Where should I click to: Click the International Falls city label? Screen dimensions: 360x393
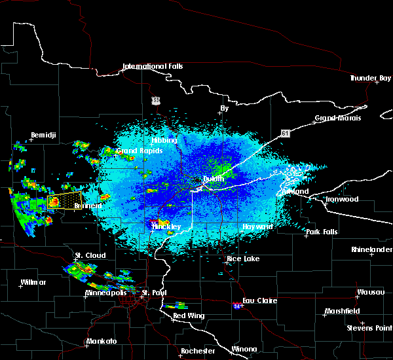tap(153, 67)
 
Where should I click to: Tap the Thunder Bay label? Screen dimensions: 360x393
tap(371, 78)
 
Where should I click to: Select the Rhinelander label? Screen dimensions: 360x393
tap(371, 249)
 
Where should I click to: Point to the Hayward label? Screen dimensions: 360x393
tap(257, 226)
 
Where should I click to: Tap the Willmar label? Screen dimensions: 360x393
tap(33, 282)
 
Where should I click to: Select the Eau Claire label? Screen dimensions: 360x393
tap(260, 300)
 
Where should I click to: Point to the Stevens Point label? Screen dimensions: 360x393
tap(369, 327)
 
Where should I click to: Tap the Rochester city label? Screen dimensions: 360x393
tap(198, 351)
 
